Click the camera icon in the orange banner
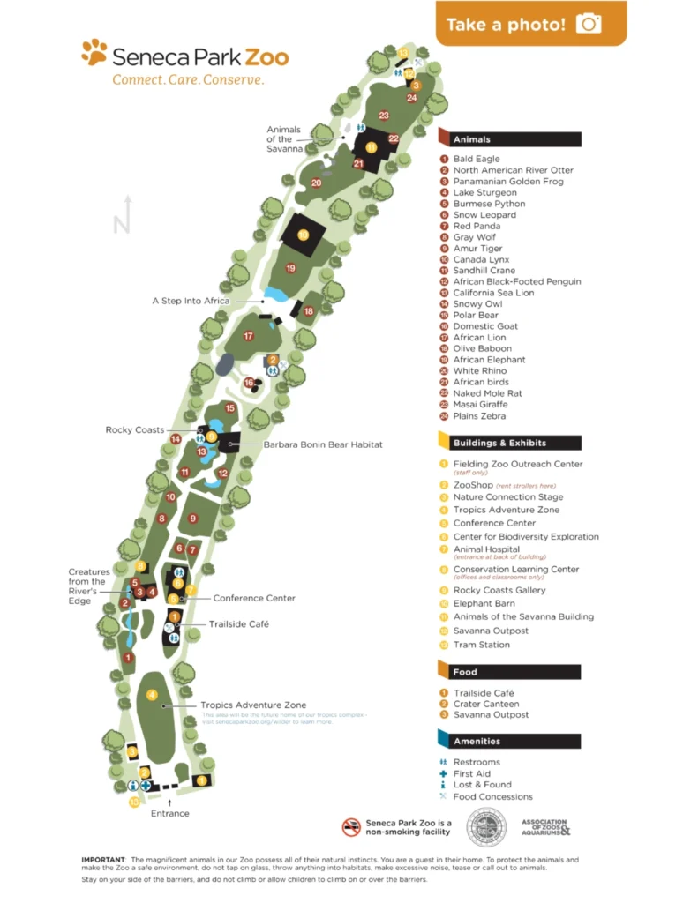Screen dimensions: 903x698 [x=588, y=24]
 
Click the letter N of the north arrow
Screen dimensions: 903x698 [x=121, y=225]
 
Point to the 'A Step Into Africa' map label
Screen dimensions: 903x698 [x=191, y=301]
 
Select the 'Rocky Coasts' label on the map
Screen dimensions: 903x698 [x=135, y=429]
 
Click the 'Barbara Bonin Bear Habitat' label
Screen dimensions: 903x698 [x=323, y=444]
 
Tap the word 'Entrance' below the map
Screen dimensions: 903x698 [x=169, y=813]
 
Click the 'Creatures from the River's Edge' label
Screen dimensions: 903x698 [x=89, y=587]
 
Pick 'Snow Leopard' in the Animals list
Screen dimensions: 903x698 [x=484, y=215]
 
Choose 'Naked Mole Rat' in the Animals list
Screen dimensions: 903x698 [x=487, y=393]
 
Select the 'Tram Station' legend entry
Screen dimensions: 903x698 [x=482, y=645]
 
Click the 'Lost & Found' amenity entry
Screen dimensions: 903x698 [x=481, y=785]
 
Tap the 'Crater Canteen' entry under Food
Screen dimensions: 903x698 [x=486, y=704]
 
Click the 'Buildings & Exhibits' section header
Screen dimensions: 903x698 [x=499, y=443]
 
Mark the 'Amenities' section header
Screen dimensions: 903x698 [x=478, y=742]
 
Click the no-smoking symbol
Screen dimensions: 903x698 [x=352, y=827]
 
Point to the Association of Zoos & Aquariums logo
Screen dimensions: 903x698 [x=544, y=827]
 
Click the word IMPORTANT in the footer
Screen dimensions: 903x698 [x=102, y=859]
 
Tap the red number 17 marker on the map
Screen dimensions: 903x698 [x=249, y=336]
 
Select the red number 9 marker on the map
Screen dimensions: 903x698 [x=192, y=519]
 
